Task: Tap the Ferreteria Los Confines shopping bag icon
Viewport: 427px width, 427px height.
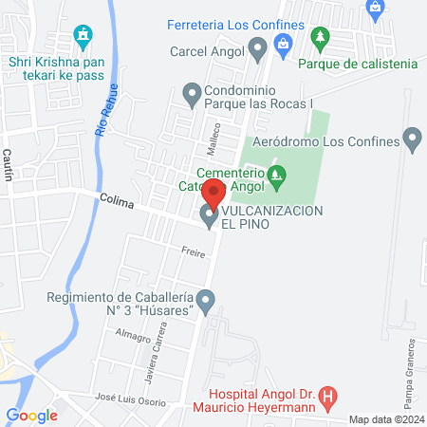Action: tap(282, 43)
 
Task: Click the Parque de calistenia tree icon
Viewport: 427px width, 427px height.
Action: tap(320, 38)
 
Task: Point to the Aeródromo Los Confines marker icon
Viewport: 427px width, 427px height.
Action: tap(412, 140)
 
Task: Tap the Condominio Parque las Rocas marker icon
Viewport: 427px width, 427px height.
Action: tap(191, 92)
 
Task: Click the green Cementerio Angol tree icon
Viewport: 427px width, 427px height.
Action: tap(276, 174)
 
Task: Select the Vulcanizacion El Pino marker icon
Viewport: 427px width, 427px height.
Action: tap(209, 217)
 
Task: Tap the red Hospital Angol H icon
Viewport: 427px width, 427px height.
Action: tap(327, 397)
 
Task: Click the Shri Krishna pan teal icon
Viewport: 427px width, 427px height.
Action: tap(84, 37)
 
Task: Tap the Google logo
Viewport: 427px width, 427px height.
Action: tap(31, 415)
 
